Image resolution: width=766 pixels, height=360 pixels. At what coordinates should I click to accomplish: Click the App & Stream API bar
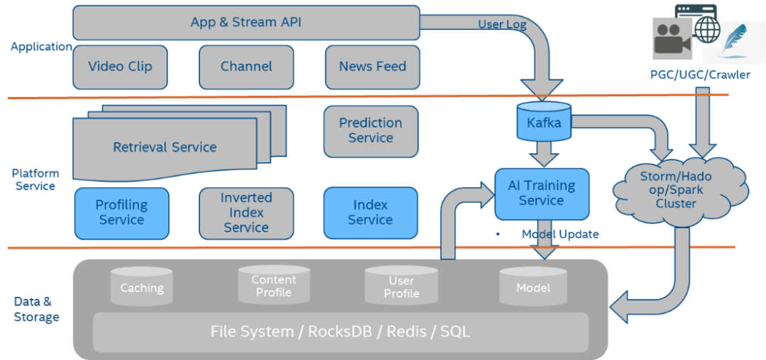click(x=246, y=23)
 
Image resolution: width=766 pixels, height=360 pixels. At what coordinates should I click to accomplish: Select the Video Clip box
click(x=120, y=67)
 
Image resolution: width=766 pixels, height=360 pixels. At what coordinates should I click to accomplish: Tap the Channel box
click(x=246, y=67)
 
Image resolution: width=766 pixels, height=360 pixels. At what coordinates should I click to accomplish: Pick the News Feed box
click(x=372, y=67)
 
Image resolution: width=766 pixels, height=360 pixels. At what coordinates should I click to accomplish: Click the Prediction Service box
click(x=370, y=131)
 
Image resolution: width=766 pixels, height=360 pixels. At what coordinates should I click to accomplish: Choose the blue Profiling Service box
click(x=121, y=213)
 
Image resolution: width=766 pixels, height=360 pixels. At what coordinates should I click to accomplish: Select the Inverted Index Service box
click(x=246, y=213)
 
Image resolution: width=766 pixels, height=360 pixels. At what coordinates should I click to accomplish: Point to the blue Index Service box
click(x=370, y=213)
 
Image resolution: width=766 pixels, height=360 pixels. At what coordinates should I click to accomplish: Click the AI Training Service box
click(x=541, y=193)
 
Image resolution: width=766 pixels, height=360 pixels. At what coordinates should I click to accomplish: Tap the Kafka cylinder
click(x=544, y=122)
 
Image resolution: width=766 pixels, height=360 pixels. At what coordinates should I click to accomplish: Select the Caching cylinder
click(x=142, y=287)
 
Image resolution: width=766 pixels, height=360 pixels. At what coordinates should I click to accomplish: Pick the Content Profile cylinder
click(x=274, y=285)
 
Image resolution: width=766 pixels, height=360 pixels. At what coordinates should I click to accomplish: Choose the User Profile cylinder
click(x=401, y=286)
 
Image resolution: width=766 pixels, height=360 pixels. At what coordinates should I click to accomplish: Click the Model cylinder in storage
click(x=533, y=287)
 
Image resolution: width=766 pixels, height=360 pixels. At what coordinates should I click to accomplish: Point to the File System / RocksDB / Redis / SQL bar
click(x=340, y=332)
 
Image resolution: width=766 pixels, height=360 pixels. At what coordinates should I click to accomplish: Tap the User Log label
click(x=502, y=25)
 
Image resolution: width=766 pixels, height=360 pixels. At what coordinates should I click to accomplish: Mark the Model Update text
click(x=560, y=235)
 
